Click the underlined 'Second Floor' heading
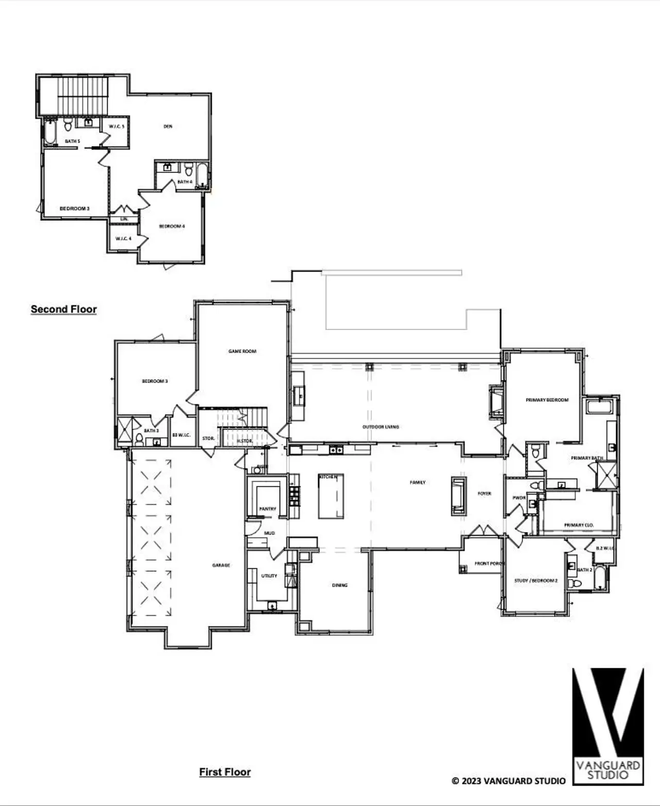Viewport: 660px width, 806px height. click(x=63, y=309)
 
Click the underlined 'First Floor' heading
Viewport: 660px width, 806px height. click(x=225, y=772)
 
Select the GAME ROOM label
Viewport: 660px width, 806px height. click(x=242, y=351)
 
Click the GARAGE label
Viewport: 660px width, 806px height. click(x=221, y=565)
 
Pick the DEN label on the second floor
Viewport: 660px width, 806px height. click(x=168, y=126)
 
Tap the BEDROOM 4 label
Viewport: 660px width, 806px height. click(x=172, y=226)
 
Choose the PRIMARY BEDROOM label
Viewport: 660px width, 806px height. click(x=547, y=400)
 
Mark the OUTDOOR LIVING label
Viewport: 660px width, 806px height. click(x=381, y=427)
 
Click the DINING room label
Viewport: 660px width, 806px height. click(x=340, y=585)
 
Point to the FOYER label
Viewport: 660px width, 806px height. click(x=484, y=494)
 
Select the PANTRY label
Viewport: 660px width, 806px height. click(x=268, y=509)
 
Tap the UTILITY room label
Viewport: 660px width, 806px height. click(x=269, y=575)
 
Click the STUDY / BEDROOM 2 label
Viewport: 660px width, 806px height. click(x=536, y=581)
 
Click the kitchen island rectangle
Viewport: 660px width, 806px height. click(x=331, y=497)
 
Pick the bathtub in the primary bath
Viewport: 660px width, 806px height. click(x=598, y=406)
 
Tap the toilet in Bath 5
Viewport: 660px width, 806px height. click(x=68, y=125)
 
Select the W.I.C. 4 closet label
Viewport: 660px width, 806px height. click(x=123, y=239)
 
